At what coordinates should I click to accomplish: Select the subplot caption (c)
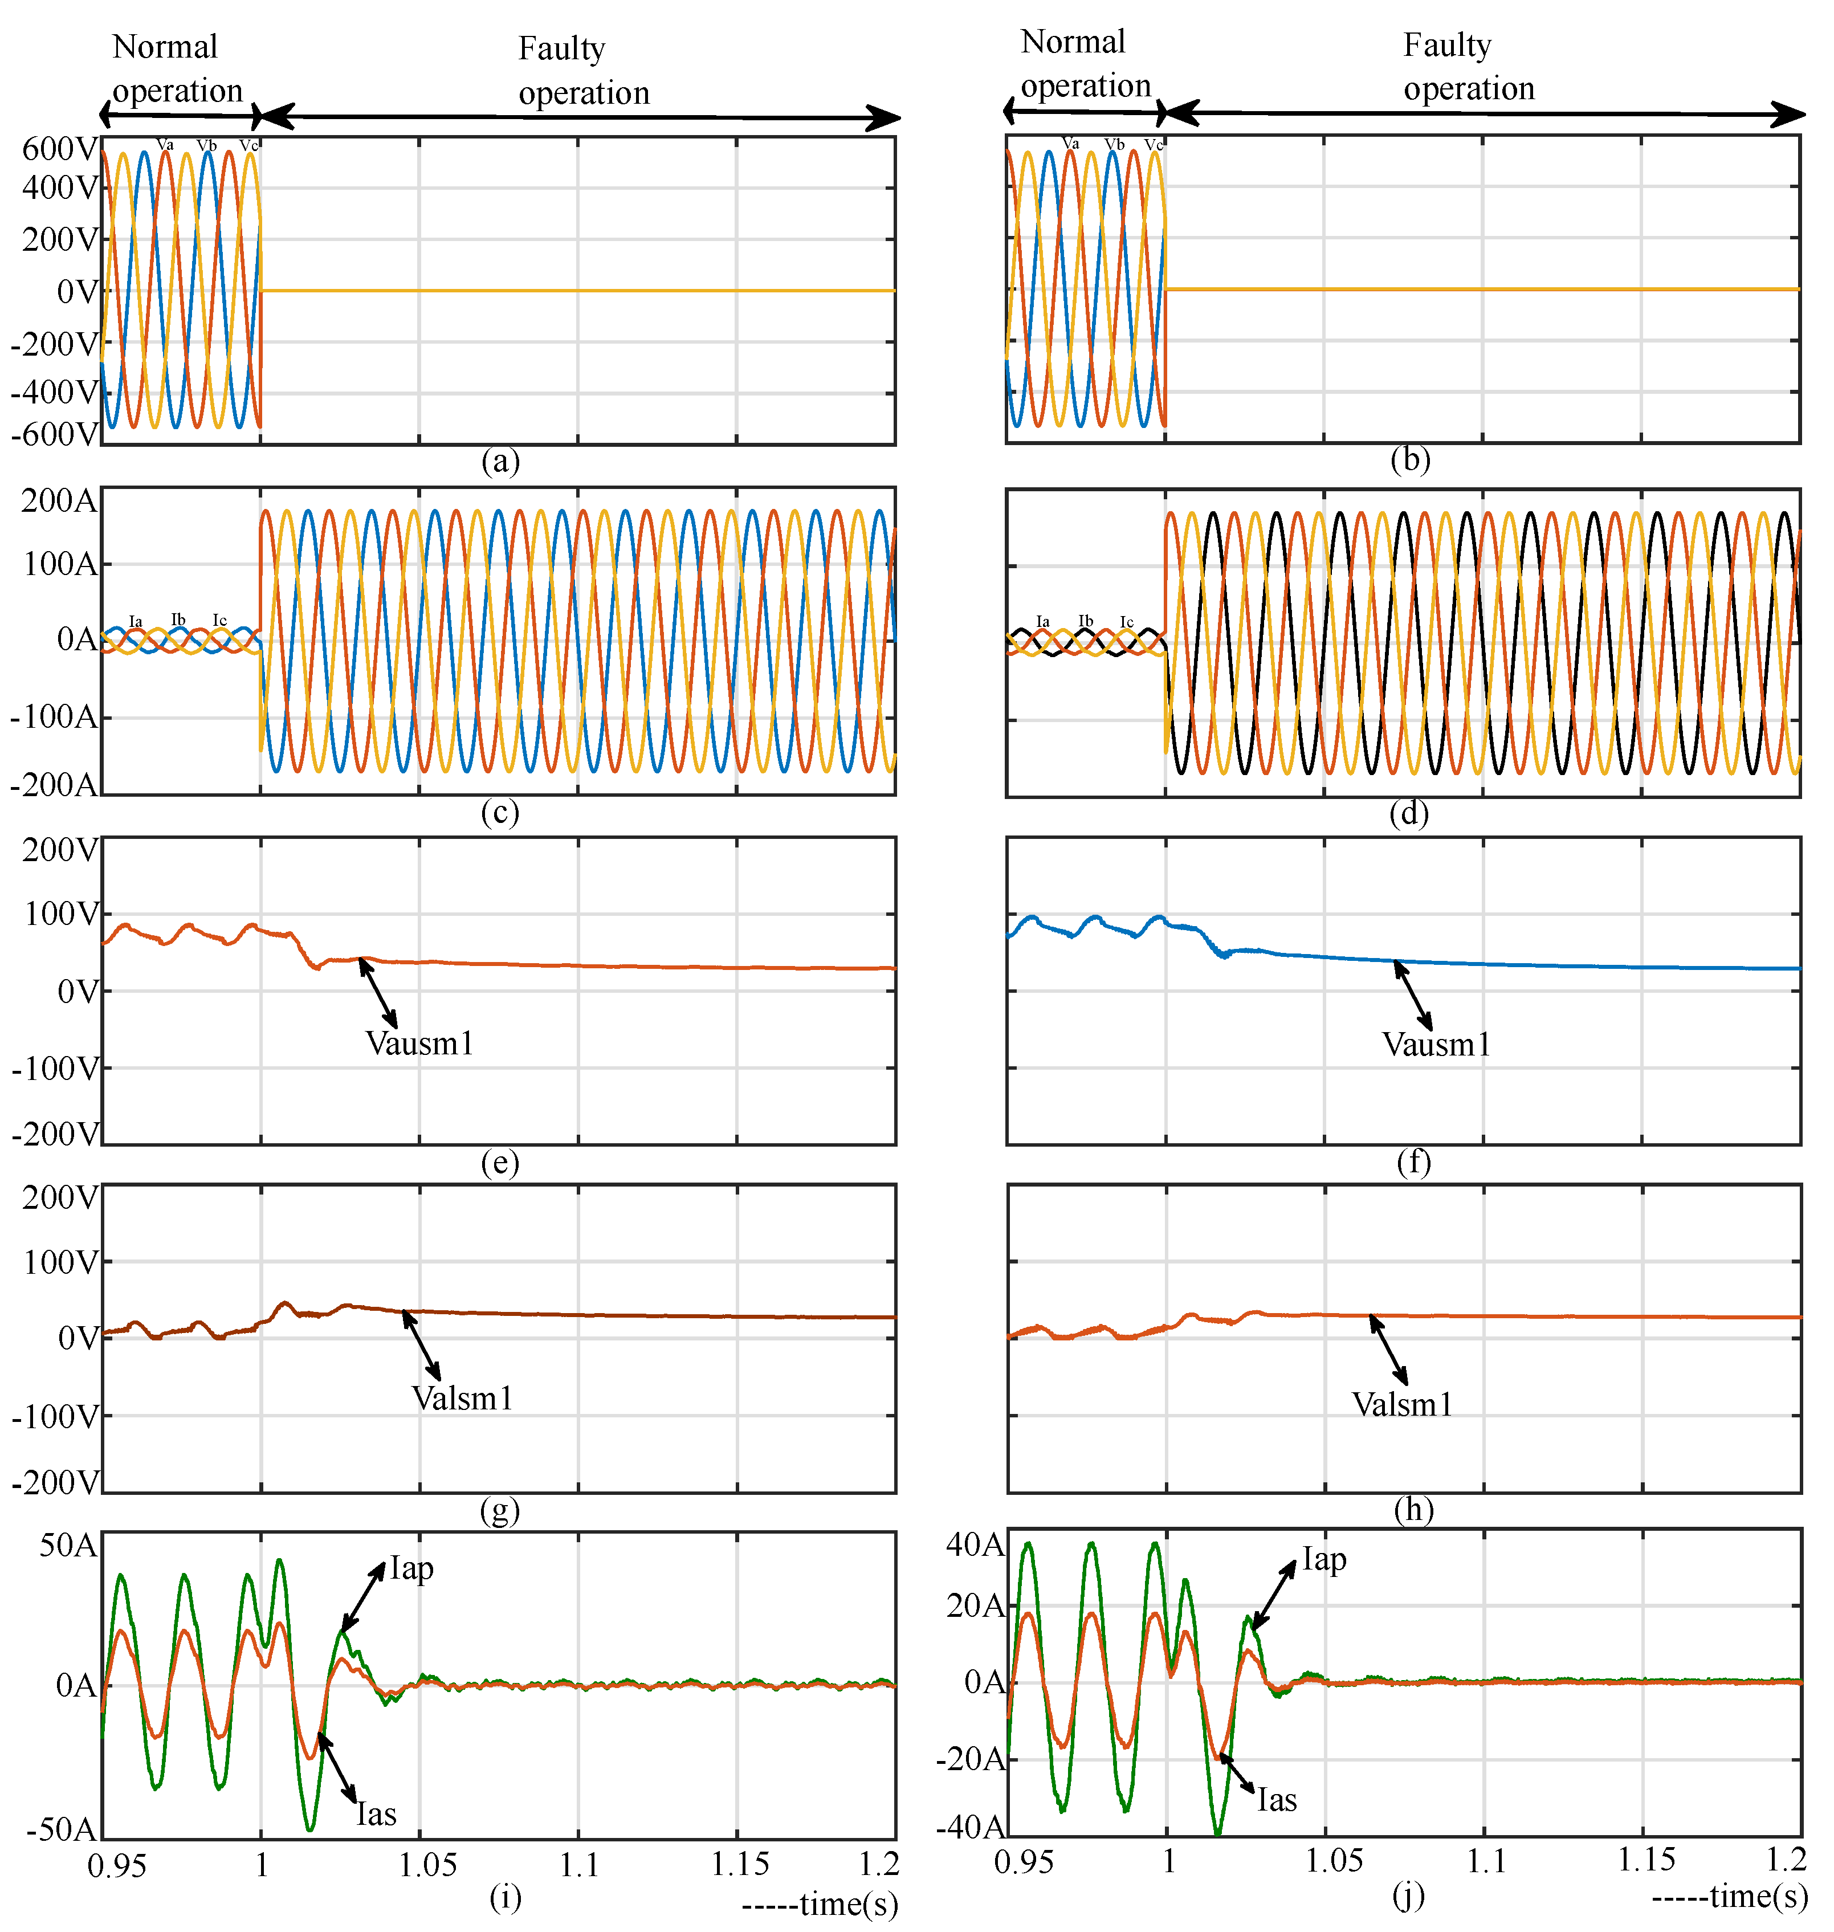[500, 813]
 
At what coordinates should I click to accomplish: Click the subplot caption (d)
[1409, 813]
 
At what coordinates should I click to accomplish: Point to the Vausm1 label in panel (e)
[419, 1044]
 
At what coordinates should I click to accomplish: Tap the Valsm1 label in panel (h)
[1402, 1405]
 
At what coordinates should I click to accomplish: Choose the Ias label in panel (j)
[1277, 1800]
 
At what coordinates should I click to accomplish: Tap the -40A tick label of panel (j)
[970, 1827]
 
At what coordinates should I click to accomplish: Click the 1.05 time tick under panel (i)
[427, 1865]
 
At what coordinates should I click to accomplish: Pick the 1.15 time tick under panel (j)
[1646, 1860]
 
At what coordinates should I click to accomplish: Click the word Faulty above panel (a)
[561, 49]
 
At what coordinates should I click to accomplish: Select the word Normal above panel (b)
[1073, 42]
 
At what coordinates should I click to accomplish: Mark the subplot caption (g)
[500, 1511]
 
